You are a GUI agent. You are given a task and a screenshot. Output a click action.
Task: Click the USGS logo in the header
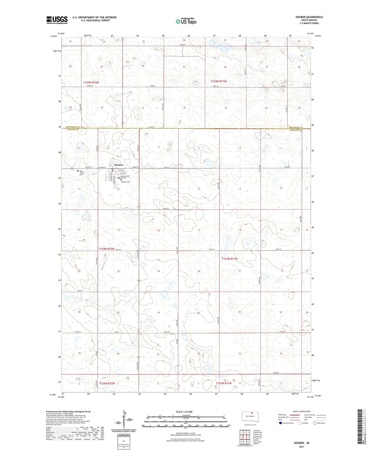[x=57, y=20]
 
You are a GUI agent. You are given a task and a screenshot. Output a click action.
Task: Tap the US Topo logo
[x=186, y=21]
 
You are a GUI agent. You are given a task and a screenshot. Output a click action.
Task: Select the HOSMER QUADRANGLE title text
[x=309, y=17]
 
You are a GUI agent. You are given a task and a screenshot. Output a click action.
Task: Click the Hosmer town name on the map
[x=119, y=165]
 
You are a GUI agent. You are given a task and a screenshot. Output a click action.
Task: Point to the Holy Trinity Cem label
[x=81, y=173]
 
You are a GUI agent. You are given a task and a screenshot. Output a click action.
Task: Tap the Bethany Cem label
[x=125, y=182]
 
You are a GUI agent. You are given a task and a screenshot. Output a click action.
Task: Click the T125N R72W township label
[x=91, y=82]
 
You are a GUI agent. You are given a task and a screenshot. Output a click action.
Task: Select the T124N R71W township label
[x=230, y=259]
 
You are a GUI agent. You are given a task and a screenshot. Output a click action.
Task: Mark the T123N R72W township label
[x=106, y=383]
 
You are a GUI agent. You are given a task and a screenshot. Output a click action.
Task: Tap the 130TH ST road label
[x=276, y=373]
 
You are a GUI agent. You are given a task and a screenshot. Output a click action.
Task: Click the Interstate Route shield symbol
[x=281, y=423]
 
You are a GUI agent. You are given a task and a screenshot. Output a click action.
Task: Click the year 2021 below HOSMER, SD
[x=301, y=447]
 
